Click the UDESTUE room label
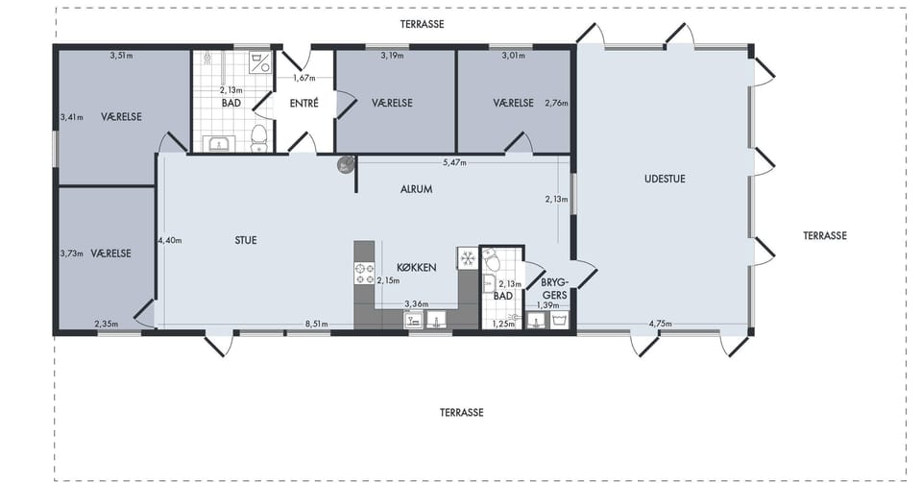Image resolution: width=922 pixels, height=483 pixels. click(665, 179)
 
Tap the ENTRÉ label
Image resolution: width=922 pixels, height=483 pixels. click(304, 104)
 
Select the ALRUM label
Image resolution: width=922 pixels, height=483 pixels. click(416, 189)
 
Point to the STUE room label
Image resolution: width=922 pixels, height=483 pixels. click(246, 240)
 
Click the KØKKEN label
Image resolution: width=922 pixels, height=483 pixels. click(416, 267)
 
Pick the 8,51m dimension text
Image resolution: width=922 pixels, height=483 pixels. click(316, 324)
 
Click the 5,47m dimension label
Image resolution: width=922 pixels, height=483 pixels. click(454, 162)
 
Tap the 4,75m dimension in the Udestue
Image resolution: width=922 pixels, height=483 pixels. click(661, 324)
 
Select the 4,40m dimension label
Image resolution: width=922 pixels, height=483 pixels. click(170, 240)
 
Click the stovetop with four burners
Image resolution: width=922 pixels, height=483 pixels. click(364, 274)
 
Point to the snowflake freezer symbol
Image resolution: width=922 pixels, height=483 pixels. click(468, 258)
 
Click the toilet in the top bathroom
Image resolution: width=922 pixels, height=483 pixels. click(259, 136)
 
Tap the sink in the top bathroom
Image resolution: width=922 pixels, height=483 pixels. click(219, 143)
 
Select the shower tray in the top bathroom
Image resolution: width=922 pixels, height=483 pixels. click(259, 62)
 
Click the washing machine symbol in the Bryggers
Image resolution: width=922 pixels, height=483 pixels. click(559, 320)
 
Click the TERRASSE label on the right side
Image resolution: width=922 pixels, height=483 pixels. click(825, 235)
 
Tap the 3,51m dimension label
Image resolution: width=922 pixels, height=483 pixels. click(121, 56)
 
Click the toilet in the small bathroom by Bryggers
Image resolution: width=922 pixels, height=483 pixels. click(491, 258)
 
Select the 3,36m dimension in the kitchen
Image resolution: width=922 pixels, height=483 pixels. click(416, 303)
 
